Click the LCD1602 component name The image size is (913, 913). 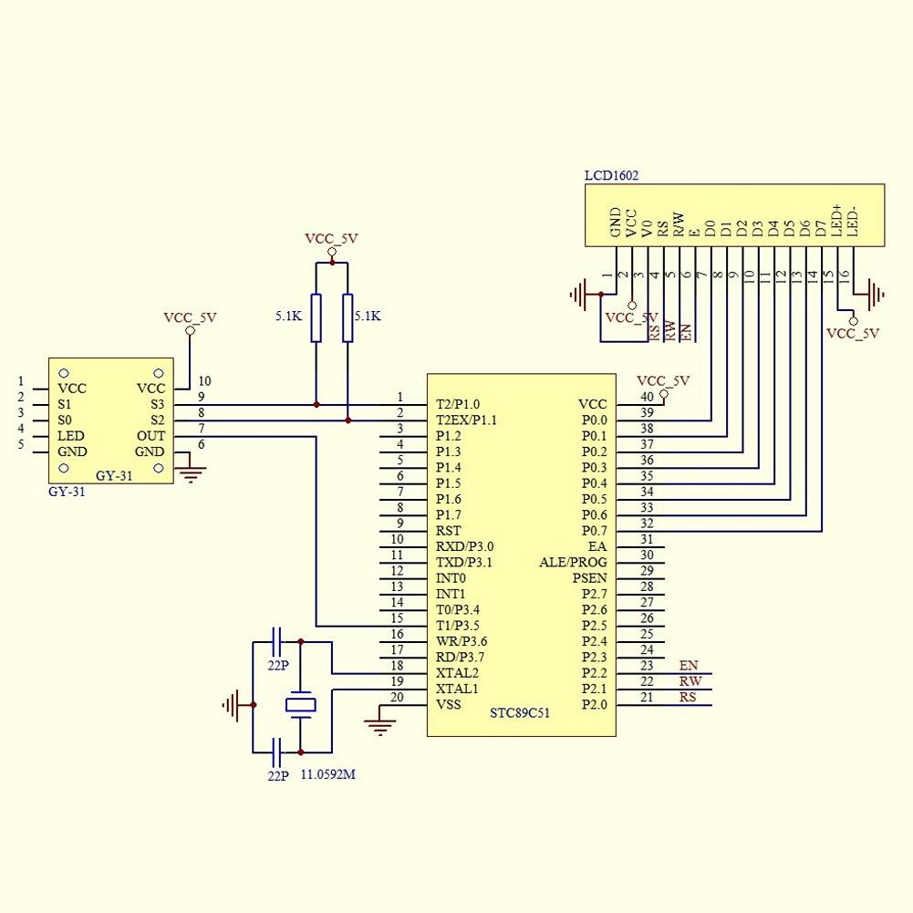[x=611, y=175]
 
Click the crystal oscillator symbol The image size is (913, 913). [x=300, y=704]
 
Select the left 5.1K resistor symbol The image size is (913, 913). [x=316, y=317]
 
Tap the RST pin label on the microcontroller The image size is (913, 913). [x=448, y=531]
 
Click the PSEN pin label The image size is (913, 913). [x=589, y=578]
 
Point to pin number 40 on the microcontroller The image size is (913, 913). [x=646, y=397]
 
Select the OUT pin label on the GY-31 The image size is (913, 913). [x=150, y=436]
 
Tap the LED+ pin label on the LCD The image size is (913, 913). [x=835, y=222]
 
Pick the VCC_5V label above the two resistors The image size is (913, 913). [x=331, y=239]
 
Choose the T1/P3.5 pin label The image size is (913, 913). [x=458, y=626]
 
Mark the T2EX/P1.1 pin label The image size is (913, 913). [x=466, y=420]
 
